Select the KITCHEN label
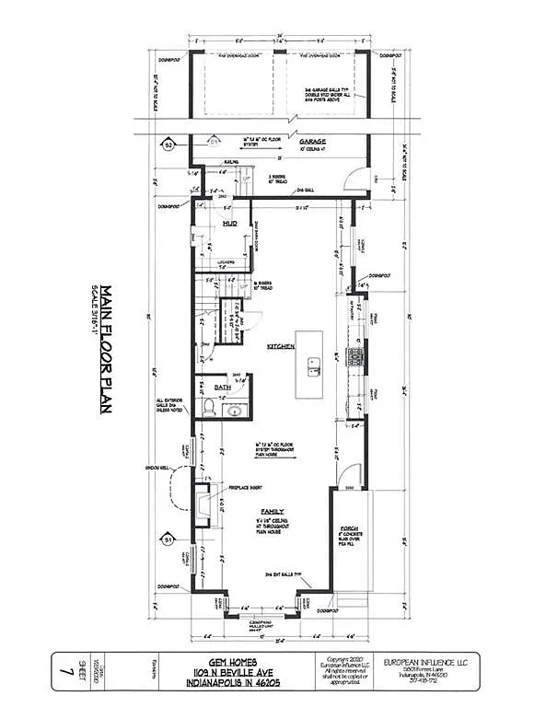[280, 347]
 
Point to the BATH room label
[221, 388]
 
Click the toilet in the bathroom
[209, 408]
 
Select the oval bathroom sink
[233, 408]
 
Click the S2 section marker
[168, 145]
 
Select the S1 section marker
[168, 539]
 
